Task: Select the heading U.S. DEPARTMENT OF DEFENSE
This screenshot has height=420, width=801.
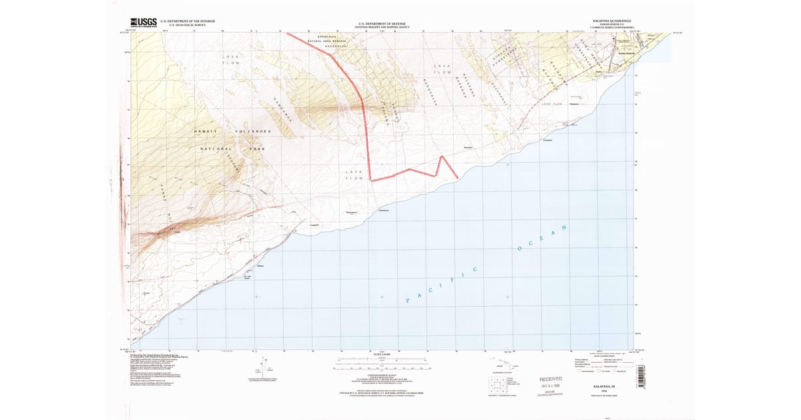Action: [x=383, y=21]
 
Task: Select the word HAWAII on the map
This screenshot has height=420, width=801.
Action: [x=206, y=131]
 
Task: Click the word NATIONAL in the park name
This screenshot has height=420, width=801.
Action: [x=216, y=149]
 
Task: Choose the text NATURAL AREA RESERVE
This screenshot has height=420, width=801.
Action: [x=328, y=41]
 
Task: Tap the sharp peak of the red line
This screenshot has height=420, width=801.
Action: [x=441, y=157]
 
